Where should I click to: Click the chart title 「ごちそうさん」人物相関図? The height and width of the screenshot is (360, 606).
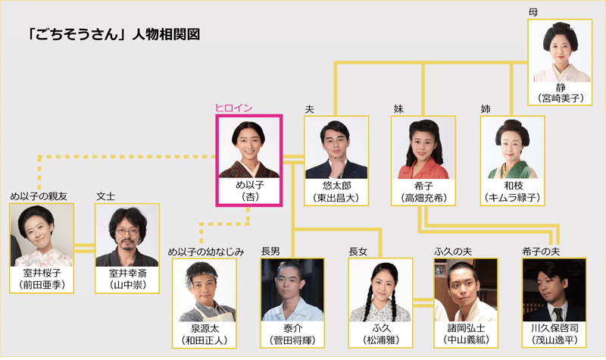pyautogui.click(x=114, y=34)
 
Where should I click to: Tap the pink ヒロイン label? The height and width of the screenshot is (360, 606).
pyautogui.click(x=234, y=108)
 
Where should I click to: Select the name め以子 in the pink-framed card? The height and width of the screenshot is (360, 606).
pyautogui.click(x=250, y=185)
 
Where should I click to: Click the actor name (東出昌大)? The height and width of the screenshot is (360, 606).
pyautogui.click(x=336, y=198)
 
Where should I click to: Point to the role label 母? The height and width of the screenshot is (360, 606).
pyautogui.click(x=533, y=12)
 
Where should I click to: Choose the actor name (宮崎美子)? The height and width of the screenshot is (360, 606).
pyautogui.click(x=561, y=99)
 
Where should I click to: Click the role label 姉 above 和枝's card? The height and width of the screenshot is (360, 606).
pyautogui.click(x=486, y=109)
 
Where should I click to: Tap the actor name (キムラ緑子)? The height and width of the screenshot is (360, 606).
pyautogui.click(x=513, y=198)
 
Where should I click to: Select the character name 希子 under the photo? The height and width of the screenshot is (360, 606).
pyautogui.click(x=424, y=186)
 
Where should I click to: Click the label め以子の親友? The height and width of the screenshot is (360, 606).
pyautogui.click(x=39, y=196)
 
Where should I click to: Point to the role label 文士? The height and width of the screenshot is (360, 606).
pyautogui.click(x=105, y=196)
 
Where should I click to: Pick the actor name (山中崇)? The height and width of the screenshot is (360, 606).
pyautogui.click(x=127, y=285)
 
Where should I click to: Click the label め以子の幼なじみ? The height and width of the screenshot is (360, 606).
pyautogui.click(x=206, y=252)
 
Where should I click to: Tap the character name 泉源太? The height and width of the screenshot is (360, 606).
pyautogui.click(x=205, y=329)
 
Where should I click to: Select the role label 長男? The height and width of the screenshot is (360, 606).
pyautogui.click(x=270, y=252)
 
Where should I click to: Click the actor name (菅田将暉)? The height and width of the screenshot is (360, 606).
pyautogui.click(x=292, y=340)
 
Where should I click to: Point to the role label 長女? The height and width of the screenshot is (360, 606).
pyautogui.click(x=358, y=252)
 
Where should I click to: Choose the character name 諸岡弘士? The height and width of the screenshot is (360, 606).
pyautogui.click(x=466, y=328)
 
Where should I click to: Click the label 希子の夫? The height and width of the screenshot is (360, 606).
pyautogui.click(x=541, y=252)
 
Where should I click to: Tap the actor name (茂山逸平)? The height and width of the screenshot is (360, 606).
pyautogui.click(x=554, y=340)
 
